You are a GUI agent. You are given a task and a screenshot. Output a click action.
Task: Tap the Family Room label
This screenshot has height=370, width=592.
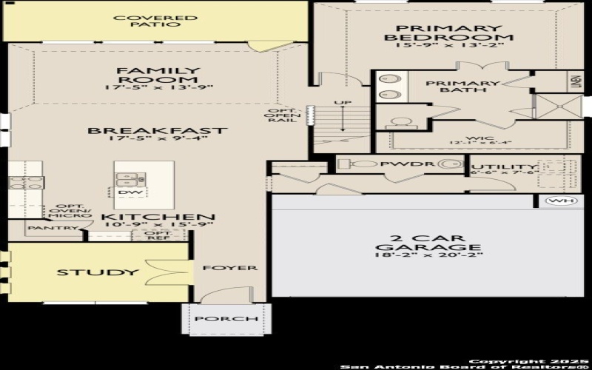pos(158,75)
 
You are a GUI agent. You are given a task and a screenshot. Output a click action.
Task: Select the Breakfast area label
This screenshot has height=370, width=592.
pos(158,131)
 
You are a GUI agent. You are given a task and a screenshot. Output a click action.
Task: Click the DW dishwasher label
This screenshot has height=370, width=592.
pos(127,192)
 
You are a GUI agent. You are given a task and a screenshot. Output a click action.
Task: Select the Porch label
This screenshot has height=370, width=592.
pos(226,319)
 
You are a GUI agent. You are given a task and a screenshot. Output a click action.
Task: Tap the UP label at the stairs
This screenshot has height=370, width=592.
pos(342,103)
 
